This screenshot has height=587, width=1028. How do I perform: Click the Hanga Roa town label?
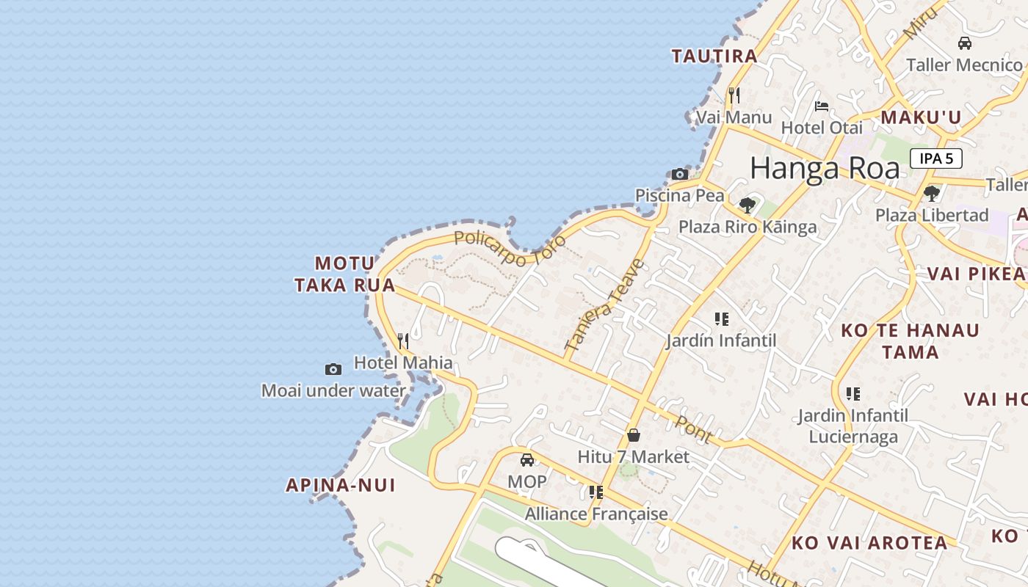click(x=825, y=169)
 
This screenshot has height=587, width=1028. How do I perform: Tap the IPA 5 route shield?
click(x=936, y=158)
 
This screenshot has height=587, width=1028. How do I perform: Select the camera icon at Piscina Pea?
click(x=680, y=175)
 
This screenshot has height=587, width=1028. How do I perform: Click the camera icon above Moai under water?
click(x=333, y=369)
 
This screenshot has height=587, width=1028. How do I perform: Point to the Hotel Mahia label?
click(x=403, y=362)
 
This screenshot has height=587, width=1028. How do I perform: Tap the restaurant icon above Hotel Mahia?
click(x=403, y=340)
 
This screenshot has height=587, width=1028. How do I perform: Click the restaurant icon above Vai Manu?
click(x=734, y=95)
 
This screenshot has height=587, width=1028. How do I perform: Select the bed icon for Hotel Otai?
click(x=822, y=106)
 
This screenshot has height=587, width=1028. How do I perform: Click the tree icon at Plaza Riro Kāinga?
click(x=748, y=205)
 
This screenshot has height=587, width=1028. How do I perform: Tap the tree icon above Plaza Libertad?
click(x=932, y=194)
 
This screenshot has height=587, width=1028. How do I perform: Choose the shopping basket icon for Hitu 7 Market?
click(x=634, y=435)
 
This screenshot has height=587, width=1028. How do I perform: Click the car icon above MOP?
click(x=527, y=460)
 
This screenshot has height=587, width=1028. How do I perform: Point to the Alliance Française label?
click(x=596, y=514)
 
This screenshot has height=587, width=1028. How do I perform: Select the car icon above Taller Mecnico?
click(x=965, y=43)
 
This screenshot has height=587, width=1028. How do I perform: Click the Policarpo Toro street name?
click(x=510, y=248)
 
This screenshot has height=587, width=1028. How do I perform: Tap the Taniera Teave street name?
click(x=605, y=304)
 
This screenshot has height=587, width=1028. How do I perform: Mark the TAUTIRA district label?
click(x=714, y=56)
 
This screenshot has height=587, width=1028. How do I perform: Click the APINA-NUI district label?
click(x=341, y=485)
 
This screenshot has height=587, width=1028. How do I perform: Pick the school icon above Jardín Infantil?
click(x=722, y=319)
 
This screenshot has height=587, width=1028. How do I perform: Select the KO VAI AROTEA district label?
click(x=869, y=543)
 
